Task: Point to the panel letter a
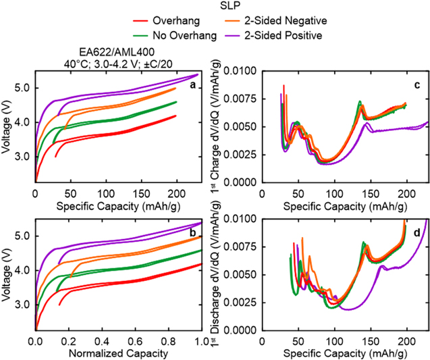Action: (x=192, y=85)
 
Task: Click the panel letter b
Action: (x=192, y=233)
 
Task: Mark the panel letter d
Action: (x=418, y=233)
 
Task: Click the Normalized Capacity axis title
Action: (x=117, y=353)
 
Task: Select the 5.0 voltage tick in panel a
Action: (x=22, y=88)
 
